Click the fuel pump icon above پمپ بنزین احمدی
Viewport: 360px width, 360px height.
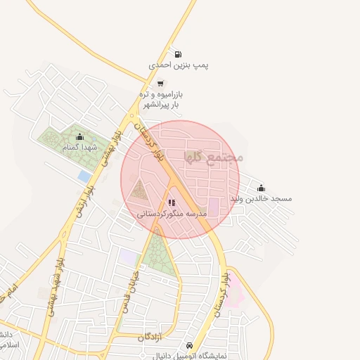(177, 54)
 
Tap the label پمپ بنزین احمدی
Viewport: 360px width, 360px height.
(179, 65)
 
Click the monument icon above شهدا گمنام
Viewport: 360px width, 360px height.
(79, 136)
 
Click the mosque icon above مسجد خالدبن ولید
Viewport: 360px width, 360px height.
(262, 188)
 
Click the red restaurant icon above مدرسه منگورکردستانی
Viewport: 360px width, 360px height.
(172, 202)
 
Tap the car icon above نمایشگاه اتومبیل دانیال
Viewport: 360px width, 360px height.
(189, 345)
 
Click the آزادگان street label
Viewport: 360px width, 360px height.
(150, 338)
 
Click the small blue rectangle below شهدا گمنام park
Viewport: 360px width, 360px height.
(85, 176)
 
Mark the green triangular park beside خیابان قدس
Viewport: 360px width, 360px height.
(159, 253)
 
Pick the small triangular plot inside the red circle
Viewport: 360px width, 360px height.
(140, 190)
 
